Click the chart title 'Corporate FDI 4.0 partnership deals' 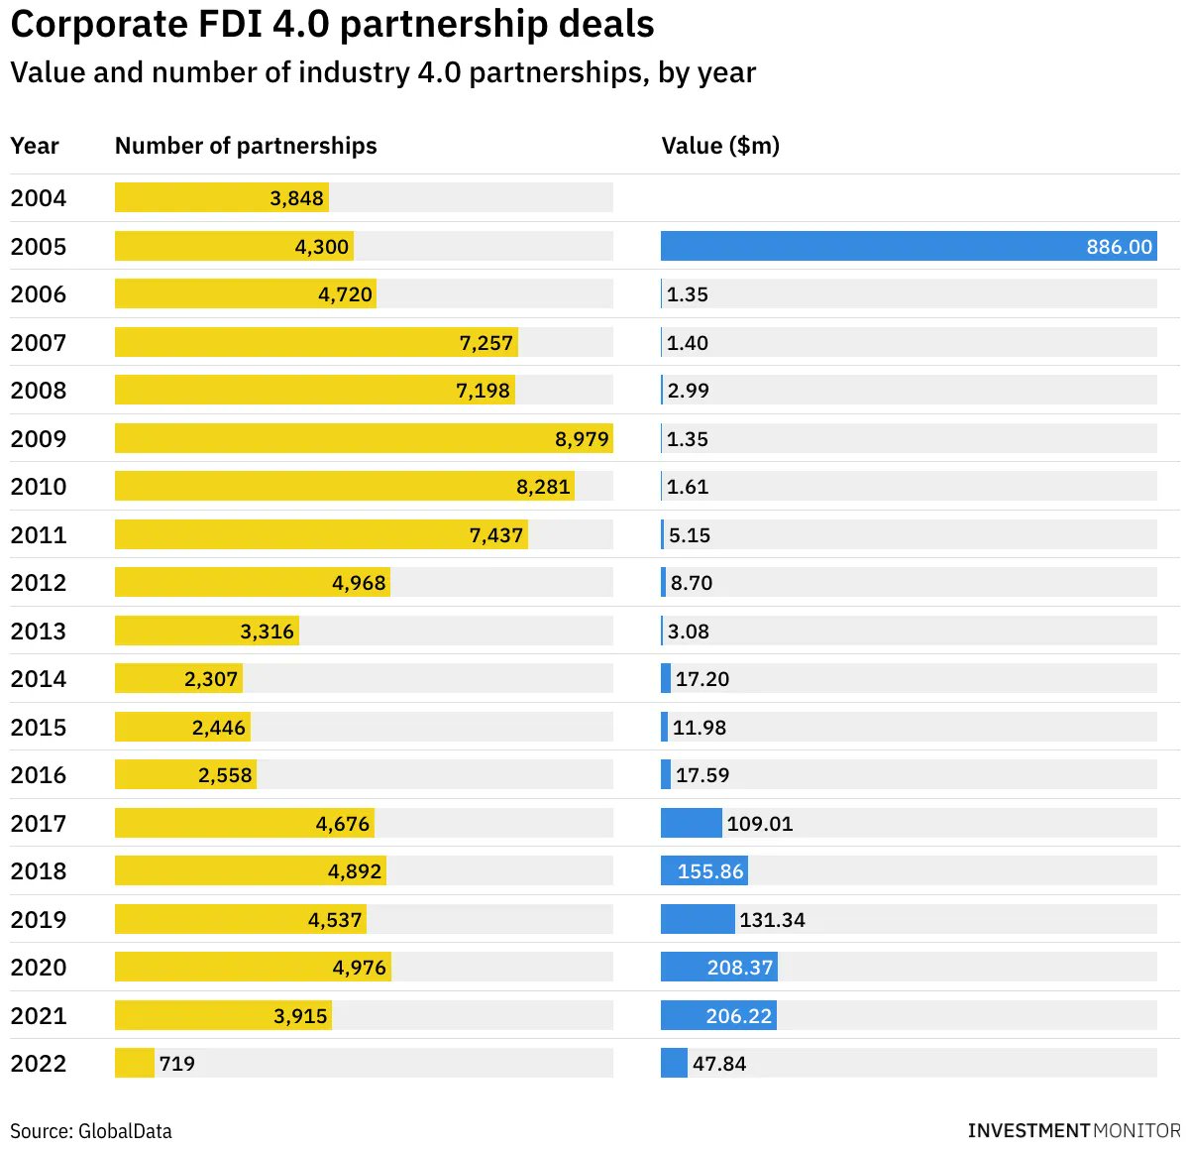[332, 25]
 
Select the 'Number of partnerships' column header [246, 146]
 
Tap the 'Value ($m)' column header [720, 146]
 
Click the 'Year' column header [35, 146]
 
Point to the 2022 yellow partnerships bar [135, 1063]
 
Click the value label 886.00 [1119, 247]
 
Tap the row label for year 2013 [39, 631]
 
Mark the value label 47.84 [719, 1064]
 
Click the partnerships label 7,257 [486, 343]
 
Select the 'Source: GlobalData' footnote [91, 1130]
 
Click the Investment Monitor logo [1073, 1130]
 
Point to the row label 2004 [39, 198]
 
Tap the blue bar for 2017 [691, 823]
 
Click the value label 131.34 [772, 920]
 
